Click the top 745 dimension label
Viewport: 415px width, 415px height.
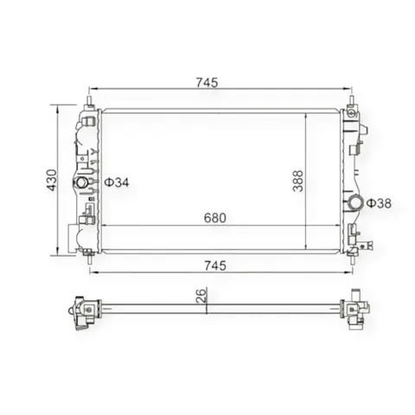(x=207, y=83)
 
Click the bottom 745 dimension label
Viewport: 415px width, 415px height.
(x=215, y=265)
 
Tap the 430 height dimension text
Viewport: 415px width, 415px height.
(x=52, y=180)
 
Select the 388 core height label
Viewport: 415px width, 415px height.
(x=297, y=181)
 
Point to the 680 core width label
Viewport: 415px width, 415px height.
(x=215, y=218)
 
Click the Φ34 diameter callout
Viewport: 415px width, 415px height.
(x=117, y=182)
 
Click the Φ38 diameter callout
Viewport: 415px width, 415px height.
(x=379, y=203)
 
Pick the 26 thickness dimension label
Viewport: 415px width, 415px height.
(x=201, y=295)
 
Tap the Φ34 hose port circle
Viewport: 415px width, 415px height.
(x=81, y=182)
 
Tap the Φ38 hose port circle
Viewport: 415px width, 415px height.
(x=354, y=203)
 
